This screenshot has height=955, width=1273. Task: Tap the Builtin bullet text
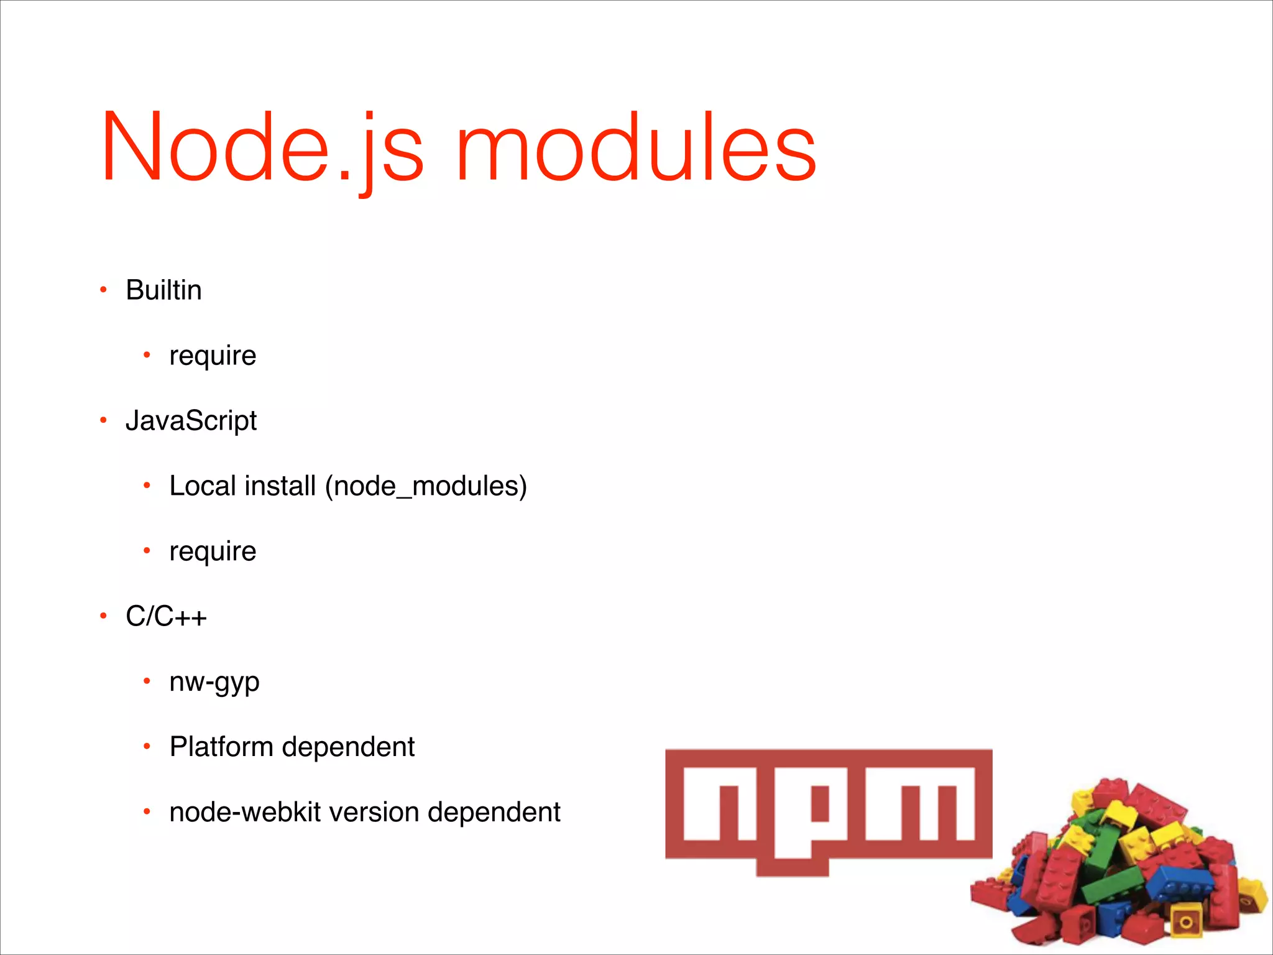[x=163, y=290]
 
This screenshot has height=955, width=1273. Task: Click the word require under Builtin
[x=213, y=356]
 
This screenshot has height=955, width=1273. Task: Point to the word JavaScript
[x=191, y=421]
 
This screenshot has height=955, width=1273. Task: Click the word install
[x=280, y=486]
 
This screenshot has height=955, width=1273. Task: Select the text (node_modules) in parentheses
[x=426, y=486]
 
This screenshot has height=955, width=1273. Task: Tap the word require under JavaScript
[x=213, y=551]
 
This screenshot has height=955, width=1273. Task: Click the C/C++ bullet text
[x=166, y=617]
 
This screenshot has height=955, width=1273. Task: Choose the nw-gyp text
[x=214, y=683]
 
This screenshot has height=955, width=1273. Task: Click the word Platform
[x=221, y=747]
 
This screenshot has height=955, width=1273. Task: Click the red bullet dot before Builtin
[x=104, y=290]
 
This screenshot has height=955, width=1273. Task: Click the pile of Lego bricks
[x=1119, y=870]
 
